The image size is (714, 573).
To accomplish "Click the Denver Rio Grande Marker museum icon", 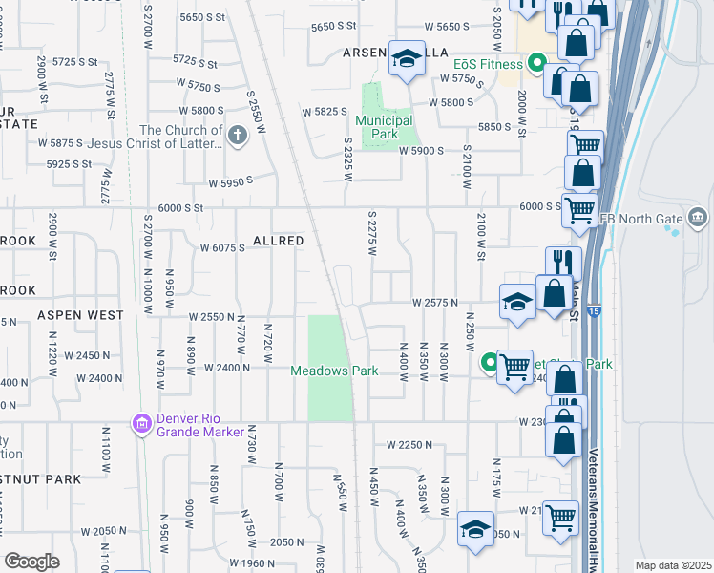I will click(142, 422).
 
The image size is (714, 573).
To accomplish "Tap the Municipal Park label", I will click(383, 127).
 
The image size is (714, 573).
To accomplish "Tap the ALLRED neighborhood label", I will click(278, 241).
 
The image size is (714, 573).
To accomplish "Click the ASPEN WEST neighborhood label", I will click(80, 314).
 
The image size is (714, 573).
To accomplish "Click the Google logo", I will click(32, 562).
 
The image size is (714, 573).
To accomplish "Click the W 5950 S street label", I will click(231, 181).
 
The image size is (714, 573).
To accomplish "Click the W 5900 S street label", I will click(423, 151).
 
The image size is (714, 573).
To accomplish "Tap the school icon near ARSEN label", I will click(407, 59).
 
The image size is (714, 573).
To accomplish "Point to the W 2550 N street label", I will click(212, 316).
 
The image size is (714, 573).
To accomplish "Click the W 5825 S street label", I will click(325, 112).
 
